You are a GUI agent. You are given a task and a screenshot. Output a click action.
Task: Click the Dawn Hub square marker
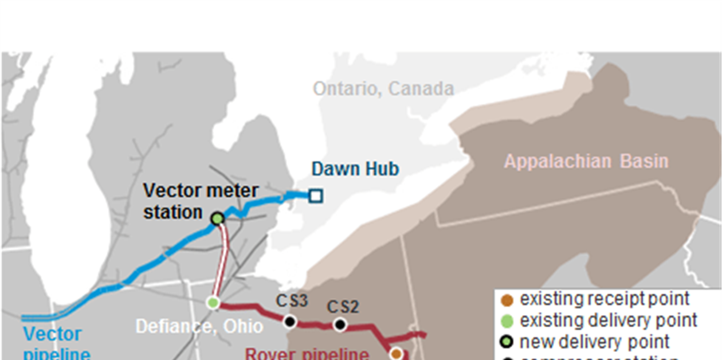(x=315, y=196)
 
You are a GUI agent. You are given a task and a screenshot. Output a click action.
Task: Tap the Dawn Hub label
(x=355, y=169)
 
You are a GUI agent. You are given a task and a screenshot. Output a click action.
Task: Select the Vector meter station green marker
(x=217, y=218)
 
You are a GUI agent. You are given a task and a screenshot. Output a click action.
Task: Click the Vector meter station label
(x=201, y=201)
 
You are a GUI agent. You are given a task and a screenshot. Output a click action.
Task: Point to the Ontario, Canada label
(x=383, y=89)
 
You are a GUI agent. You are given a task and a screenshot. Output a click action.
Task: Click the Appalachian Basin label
(x=586, y=161)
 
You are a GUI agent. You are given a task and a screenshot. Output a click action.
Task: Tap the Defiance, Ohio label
(x=199, y=326)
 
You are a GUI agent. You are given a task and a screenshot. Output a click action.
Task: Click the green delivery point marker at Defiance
(x=213, y=302)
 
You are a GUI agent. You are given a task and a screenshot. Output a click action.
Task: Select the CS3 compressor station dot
(x=291, y=322)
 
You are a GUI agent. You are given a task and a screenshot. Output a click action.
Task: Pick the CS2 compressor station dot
(x=340, y=325)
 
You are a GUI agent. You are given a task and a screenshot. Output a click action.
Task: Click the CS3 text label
(x=292, y=301)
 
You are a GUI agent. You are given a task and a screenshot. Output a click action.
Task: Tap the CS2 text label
(x=343, y=307)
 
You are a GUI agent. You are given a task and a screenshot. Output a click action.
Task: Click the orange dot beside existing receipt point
(x=507, y=300)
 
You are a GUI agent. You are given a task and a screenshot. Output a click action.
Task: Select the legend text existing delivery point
(x=609, y=320)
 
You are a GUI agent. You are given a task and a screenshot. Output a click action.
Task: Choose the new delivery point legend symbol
(x=507, y=342)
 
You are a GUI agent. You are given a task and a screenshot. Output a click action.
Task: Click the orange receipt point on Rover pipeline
(x=396, y=354)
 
